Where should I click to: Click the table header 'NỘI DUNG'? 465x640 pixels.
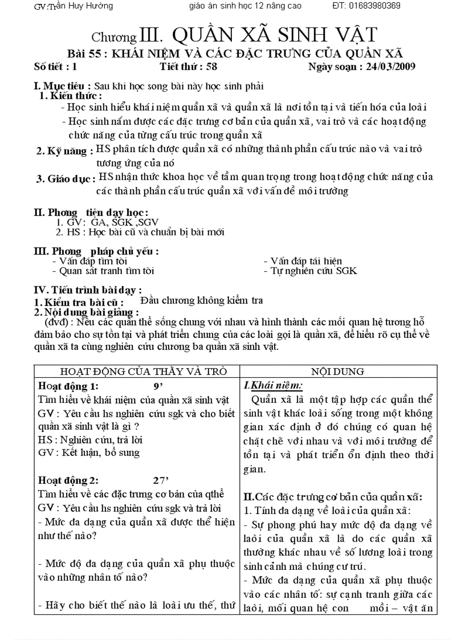[338, 372]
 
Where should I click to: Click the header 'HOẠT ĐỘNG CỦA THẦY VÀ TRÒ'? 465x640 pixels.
[136, 372]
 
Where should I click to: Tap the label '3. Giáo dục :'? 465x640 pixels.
[66, 179]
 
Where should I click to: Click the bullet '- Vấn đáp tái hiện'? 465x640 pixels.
[303, 261]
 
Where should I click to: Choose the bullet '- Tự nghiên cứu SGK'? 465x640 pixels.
[310, 271]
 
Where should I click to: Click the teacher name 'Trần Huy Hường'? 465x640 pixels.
[80, 6]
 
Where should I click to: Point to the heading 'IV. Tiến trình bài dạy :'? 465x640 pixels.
[88, 290]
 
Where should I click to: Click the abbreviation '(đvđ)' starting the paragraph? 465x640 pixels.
[56, 322]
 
